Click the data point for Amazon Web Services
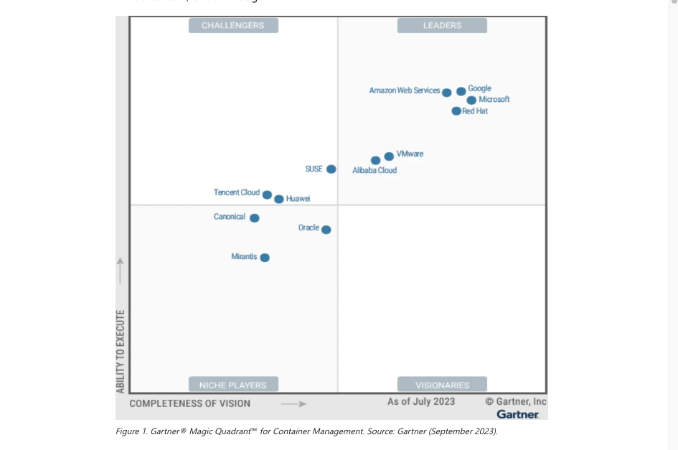coord(446,93)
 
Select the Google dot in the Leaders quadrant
coord(461,91)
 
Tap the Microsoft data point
coord(471,100)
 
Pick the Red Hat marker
coord(456,111)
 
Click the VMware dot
coord(389,156)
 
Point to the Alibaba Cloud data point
coord(375,161)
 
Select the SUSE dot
coord(331,169)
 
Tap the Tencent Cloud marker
coord(267,194)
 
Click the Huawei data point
coord(278,199)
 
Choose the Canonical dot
coord(254,218)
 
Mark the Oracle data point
coord(326,230)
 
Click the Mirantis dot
coord(265,258)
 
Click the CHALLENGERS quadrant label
coord(233,26)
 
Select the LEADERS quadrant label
coord(442,26)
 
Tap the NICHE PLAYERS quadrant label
coord(233,385)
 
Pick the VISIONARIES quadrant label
coord(442,385)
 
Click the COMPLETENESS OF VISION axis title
coord(190,403)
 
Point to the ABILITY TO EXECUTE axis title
coord(121,351)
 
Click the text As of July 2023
coord(421,401)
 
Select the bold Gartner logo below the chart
coord(517,414)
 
